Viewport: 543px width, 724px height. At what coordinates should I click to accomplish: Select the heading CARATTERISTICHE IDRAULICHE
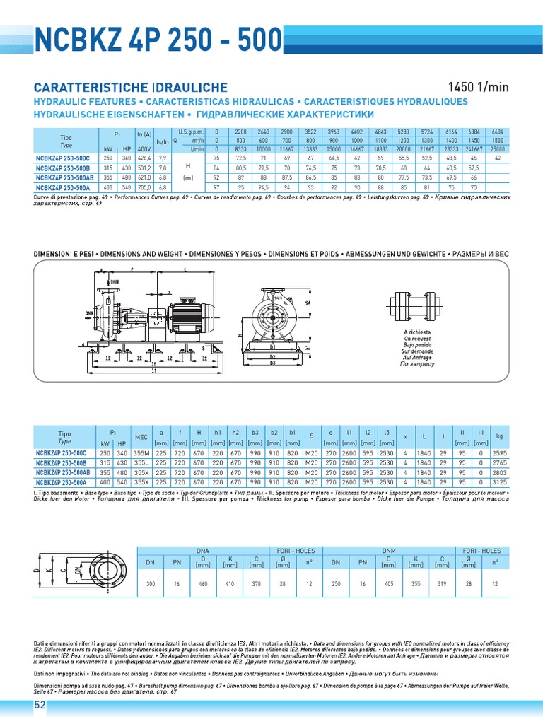pyautogui.click(x=131, y=87)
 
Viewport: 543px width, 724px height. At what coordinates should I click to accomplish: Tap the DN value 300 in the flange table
pyautogui.click(x=150, y=585)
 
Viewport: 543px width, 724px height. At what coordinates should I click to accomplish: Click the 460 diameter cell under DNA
pyautogui.click(x=203, y=585)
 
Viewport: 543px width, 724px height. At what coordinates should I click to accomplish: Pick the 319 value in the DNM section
pyautogui.click(x=441, y=585)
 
